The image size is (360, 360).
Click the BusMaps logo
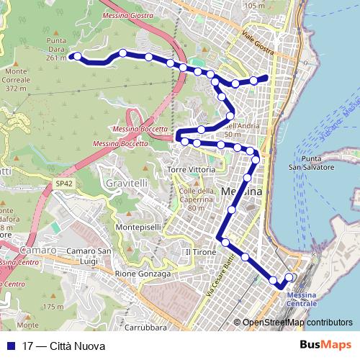point(328,346)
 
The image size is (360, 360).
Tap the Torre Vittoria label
point(191,169)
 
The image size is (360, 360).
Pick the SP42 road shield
point(64,184)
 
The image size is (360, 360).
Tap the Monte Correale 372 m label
point(19,80)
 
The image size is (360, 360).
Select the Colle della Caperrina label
point(197,199)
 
